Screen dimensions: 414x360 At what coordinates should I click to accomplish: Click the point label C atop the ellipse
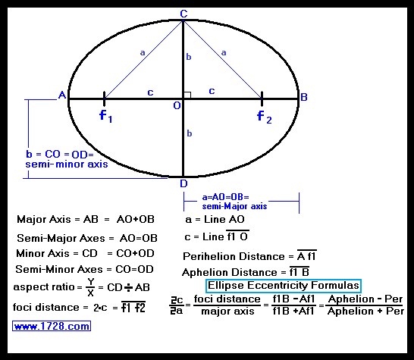point(183,14)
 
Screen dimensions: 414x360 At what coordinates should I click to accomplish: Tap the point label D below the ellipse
point(183,183)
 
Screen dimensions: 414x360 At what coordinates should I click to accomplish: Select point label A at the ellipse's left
point(62,95)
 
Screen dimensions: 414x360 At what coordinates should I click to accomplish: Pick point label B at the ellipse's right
point(304,97)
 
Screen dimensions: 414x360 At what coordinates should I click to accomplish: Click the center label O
point(177,105)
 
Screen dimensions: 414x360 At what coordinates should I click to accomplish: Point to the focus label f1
point(106,116)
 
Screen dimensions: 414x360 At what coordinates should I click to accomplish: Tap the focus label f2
point(265,117)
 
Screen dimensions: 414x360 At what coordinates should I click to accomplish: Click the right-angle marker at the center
point(187,95)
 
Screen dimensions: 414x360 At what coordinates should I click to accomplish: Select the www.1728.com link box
point(52,326)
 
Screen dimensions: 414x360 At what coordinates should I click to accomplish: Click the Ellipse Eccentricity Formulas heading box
point(284,286)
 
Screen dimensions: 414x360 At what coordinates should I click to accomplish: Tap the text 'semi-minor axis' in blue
point(67,164)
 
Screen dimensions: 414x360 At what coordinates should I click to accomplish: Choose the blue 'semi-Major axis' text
point(234,206)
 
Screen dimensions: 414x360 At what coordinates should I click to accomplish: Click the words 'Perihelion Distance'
point(234,256)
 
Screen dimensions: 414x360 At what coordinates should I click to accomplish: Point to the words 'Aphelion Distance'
point(230,272)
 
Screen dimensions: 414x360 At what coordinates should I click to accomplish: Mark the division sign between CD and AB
point(129,287)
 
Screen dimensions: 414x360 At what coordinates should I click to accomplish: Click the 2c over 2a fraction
point(177,305)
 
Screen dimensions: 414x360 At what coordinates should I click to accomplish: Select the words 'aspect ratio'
point(44,287)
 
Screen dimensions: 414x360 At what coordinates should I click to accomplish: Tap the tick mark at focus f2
point(262,99)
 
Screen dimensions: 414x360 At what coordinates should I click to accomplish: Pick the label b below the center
point(190,133)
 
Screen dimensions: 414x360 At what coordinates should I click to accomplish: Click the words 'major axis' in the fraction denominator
point(227,311)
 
